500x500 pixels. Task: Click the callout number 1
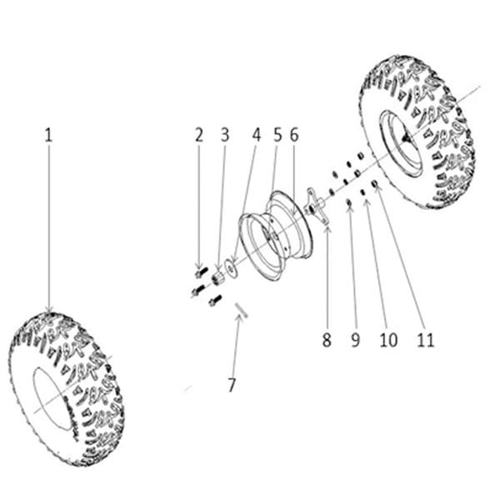[48, 135]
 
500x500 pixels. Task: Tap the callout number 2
[199, 135]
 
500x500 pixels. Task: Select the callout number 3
[225, 135]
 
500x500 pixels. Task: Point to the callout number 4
[257, 135]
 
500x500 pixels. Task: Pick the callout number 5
[277, 135]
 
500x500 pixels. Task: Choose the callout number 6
[294, 135]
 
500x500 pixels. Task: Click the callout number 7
[232, 385]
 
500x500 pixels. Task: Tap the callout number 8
[327, 340]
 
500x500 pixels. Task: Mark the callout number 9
[356, 340]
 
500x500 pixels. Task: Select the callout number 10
[388, 340]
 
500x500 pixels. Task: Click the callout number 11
[426, 340]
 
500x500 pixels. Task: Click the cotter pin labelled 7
[242, 310]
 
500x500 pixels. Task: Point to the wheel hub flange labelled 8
[314, 207]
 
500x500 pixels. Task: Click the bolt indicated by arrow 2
[201, 272]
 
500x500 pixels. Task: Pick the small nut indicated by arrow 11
[374, 184]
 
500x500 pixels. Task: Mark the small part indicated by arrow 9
[349, 202]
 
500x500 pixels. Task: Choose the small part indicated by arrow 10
[362, 192]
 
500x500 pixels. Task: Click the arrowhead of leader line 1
[49, 310]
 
